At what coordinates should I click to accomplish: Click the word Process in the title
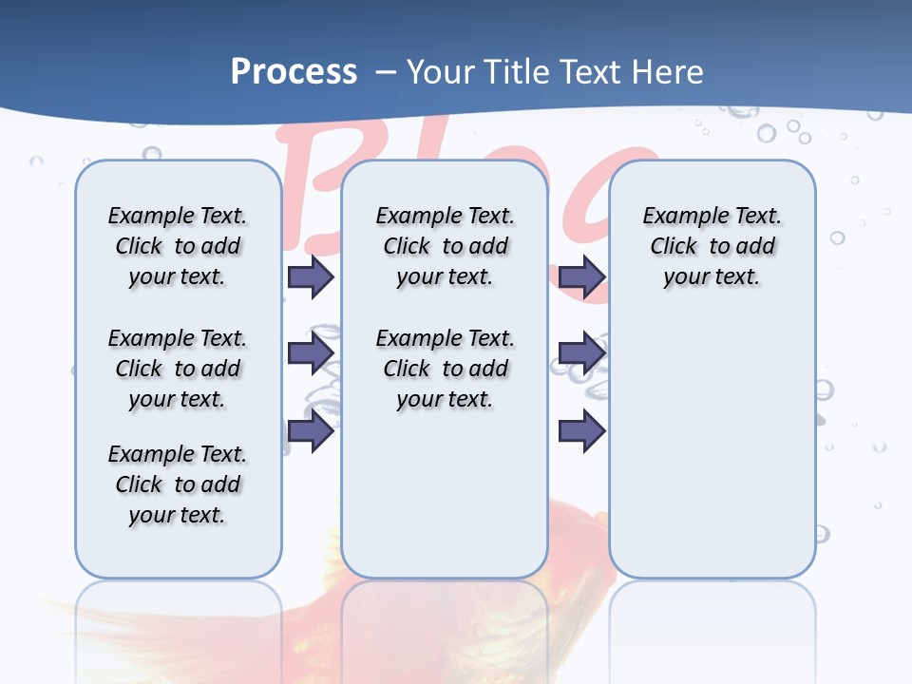[x=294, y=71]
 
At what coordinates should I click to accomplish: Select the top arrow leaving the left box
[x=311, y=276]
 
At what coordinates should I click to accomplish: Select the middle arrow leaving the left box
[x=311, y=353]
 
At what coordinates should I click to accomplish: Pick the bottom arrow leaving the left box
[x=311, y=431]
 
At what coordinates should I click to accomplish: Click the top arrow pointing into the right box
[x=581, y=276]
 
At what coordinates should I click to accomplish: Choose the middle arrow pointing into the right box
[x=581, y=353]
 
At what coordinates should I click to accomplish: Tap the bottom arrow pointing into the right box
[x=581, y=431]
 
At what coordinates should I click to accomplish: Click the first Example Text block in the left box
[x=178, y=246]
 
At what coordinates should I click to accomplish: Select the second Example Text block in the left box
[x=178, y=369]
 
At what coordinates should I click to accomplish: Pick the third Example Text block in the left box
[x=178, y=484]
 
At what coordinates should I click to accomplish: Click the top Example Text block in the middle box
[x=445, y=246]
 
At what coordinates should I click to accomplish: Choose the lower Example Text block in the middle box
[x=445, y=369]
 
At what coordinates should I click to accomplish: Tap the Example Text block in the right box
[x=712, y=246]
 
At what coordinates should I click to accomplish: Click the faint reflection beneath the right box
[x=712, y=617]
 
